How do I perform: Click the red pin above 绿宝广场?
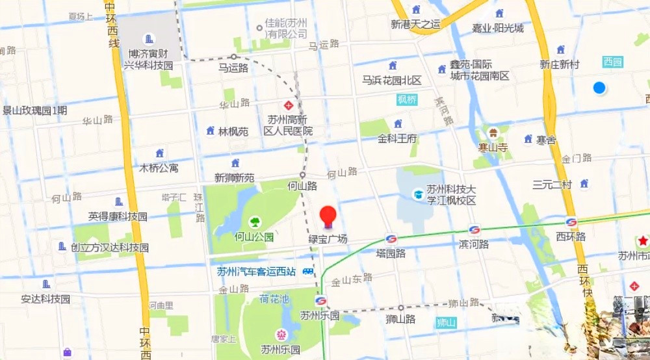pos(328,216)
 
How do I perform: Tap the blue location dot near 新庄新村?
pos(599,88)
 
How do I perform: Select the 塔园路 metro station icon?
pos(391,239)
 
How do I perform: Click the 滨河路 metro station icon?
pos(474,230)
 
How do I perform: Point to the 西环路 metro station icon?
pos(571,222)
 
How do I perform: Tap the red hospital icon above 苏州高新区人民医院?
pos(288,105)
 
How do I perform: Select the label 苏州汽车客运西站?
pos(257,272)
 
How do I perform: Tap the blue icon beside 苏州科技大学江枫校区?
pos(418,194)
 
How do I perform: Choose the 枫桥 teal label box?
pos(407,99)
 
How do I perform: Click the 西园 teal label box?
pos(612,62)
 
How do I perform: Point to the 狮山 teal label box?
pos(446,322)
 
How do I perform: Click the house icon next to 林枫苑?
pos(210,131)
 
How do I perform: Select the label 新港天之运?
pos(416,25)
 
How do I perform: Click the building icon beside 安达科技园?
pos(45,284)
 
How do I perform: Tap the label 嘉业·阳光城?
pos(498,28)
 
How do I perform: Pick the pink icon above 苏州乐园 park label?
pos(281,335)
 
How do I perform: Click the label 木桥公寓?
pos(159,168)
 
